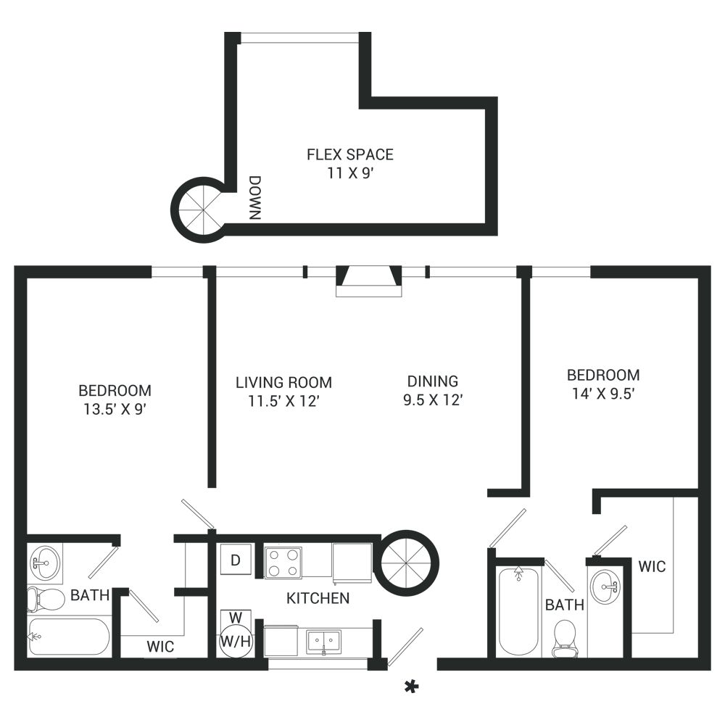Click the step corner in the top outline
pos(373,95)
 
